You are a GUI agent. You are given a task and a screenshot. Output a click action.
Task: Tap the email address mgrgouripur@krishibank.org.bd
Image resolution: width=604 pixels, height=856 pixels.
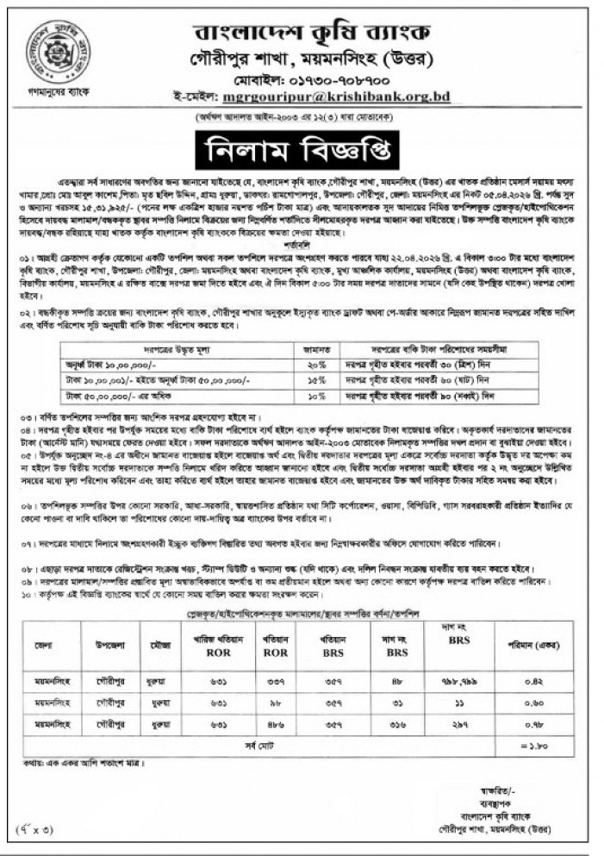(x=337, y=98)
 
